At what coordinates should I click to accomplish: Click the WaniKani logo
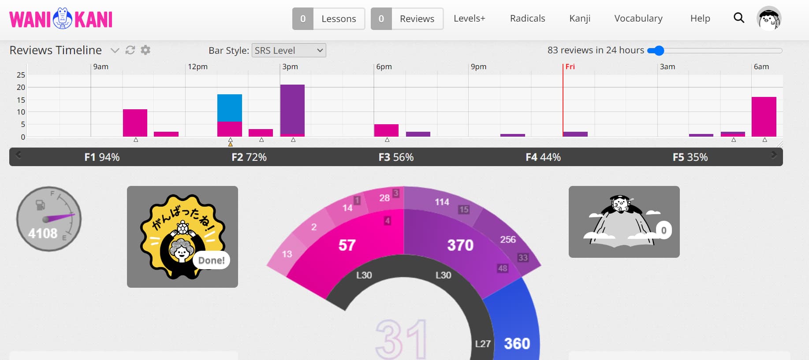tap(61, 19)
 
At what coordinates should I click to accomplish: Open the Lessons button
tap(328, 19)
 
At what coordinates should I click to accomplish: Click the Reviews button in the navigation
tap(407, 19)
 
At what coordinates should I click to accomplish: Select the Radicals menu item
tap(527, 19)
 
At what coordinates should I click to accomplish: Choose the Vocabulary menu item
tap(638, 19)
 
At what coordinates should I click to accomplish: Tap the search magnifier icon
tap(739, 18)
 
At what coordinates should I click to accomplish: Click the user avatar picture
tap(768, 19)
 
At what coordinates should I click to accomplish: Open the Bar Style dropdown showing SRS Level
tap(289, 51)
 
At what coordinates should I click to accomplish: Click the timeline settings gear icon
tap(145, 50)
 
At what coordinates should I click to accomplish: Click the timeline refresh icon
tap(130, 50)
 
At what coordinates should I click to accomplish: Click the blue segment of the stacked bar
tap(230, 108)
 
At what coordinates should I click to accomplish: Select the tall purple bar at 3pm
tap(292, 109)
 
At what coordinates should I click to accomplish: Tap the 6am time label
tap(761, 67)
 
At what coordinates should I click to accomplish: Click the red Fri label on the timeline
tap(570, 67)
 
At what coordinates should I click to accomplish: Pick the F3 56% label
tap(396, 157)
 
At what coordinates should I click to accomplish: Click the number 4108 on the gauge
tap(43, 234)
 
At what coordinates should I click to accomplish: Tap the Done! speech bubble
tap(211, 260)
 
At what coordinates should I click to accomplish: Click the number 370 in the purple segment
tap(460, 245)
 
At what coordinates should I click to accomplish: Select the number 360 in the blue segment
tap(517, 344)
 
